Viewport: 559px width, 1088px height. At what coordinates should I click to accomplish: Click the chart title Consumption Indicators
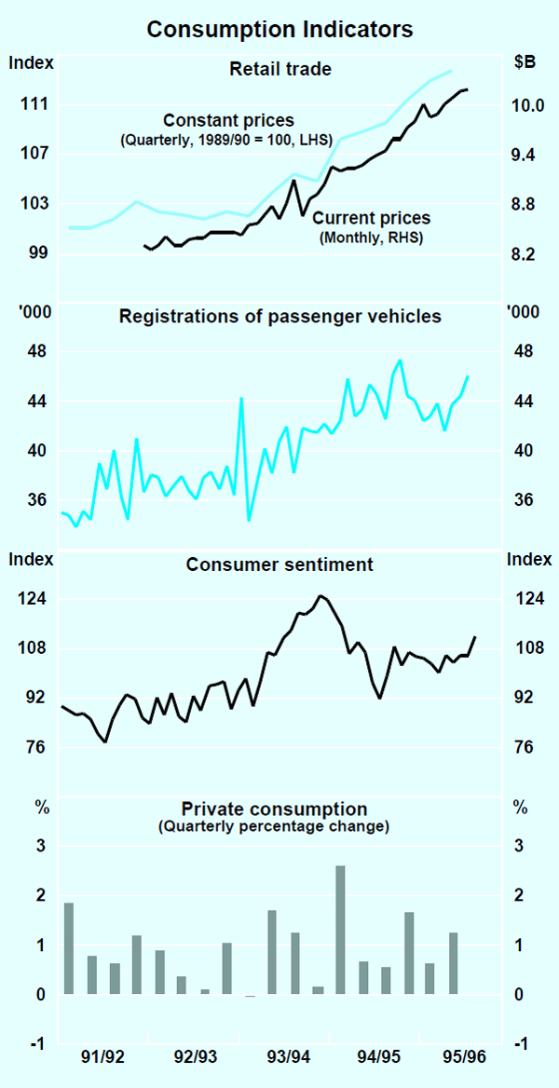click(x=279, y=30)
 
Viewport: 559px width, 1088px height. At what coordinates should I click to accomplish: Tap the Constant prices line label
click(x=228, y=120)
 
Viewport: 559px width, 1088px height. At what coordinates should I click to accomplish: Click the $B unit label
click(x=525, y=63)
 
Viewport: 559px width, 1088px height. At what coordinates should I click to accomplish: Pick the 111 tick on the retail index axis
click(x=34, y=105)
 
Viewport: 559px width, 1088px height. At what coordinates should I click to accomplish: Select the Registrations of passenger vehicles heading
click(x=279, y=317)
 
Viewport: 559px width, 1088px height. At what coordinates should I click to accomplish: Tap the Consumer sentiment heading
click(x=279, y=564)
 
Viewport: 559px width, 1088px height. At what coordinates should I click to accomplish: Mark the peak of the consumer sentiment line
click(x=320, y=595)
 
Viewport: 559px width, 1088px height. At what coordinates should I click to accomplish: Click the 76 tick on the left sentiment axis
click(x=34, y=747)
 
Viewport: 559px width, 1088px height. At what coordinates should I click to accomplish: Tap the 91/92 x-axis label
click(x=102, y=1056)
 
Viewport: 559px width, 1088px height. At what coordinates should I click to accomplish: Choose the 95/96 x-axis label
click(x=464, y=1056)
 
